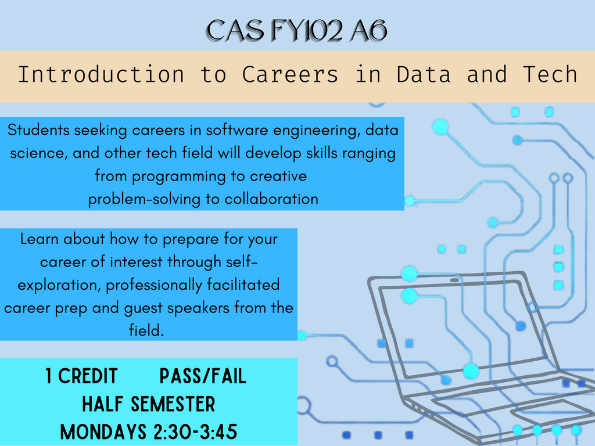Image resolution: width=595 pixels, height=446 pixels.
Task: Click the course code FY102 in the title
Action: click(x=307, y=30)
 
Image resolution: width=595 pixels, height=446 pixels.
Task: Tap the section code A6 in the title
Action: click(x=368, y=30)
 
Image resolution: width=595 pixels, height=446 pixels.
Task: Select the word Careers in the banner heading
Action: click(x=290, y=74)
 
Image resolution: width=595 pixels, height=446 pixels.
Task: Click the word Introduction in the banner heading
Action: click(x=101, y=74)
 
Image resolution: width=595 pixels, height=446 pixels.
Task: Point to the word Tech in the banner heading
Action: click(x=550, y=74)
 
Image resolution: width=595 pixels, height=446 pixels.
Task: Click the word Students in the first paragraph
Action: click(x=39, y=130)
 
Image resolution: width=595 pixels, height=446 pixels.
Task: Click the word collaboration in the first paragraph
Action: click(x=271, y=199)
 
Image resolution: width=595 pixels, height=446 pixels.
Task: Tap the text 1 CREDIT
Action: click(x=81, y=376)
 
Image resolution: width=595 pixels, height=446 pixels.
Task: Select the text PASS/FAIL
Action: click(x=203, y=376)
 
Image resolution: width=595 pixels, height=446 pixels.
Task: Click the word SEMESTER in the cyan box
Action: click(x=173, y=404)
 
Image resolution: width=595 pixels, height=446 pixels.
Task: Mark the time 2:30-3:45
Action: click(x=195, y=432)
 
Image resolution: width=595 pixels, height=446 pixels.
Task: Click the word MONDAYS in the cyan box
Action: click(x=103, y=432)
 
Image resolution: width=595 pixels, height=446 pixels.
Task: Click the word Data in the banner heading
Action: click(x=424, y=74)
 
